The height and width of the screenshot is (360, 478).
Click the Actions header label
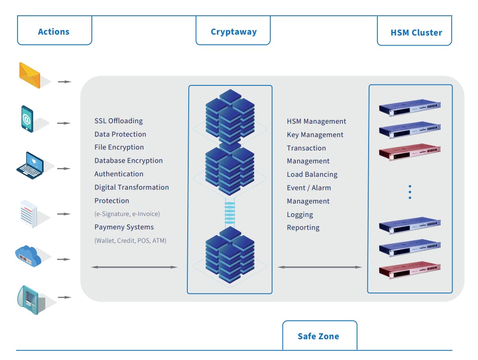click(x=54, y=32)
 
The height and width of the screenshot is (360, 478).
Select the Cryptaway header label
click(x=233, y=32)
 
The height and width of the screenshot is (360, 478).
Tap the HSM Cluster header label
click(x=416, y=33)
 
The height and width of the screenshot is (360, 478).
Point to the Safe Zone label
click(x=318, y=336)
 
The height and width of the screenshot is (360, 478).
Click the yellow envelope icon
click(x=30, y=75)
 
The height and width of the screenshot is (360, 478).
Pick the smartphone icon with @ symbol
click(x=27, y=119)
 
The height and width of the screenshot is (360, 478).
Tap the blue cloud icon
click(x=28, y=255)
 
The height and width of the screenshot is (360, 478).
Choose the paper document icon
click(x=28, y=212)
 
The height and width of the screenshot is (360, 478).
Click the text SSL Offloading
click(x=119, y=121)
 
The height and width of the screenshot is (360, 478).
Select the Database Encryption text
click(x=129, y=161)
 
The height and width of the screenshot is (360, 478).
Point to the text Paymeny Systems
click(x=124, y=227)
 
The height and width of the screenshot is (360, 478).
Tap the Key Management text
click(x=315, y=135)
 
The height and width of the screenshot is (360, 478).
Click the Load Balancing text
click(x=312, y=174)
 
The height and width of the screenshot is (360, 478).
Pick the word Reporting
click(x=303, y=228)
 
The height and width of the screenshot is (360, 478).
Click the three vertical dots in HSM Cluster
click(x=410, y=192)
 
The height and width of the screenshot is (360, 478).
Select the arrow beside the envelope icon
click(x=65, y=82)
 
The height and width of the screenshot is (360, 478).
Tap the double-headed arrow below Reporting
click(x=320, y=267)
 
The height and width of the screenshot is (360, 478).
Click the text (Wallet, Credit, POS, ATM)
click(x=131, y=240)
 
